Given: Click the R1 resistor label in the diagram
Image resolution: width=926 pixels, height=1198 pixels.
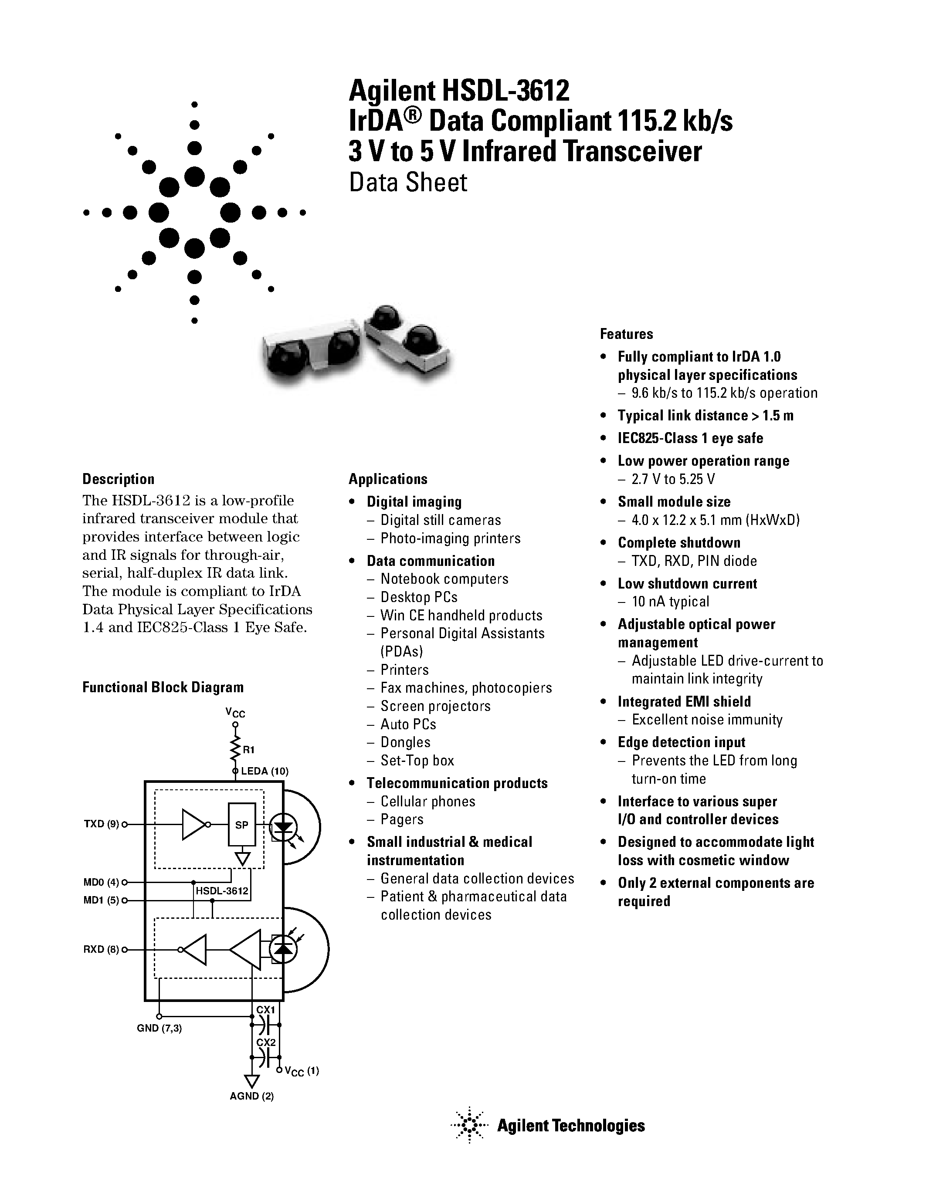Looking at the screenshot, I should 248,749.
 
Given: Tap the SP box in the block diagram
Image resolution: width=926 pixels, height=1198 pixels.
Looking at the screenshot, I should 242,825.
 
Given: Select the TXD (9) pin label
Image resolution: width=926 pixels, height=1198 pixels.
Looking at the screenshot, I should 102,824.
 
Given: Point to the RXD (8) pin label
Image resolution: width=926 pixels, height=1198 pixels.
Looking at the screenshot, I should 102,950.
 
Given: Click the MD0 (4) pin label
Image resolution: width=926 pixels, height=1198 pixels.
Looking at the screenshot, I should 102,883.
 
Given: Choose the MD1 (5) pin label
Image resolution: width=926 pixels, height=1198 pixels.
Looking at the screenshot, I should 102,900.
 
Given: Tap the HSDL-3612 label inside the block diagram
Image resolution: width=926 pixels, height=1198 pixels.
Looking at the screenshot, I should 222,891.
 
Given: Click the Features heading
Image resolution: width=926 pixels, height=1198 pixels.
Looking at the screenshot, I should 626,334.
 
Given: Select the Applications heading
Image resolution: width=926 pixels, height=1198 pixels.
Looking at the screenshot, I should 388,479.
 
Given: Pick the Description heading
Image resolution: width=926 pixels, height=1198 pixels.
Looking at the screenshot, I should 119,479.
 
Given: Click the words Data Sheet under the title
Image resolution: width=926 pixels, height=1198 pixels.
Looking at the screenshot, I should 408,183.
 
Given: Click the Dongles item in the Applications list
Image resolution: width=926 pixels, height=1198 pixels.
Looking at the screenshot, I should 405,742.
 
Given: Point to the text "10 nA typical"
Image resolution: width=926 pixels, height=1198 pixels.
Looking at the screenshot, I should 670,602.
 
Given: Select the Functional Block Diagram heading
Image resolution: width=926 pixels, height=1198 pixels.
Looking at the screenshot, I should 163,687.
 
